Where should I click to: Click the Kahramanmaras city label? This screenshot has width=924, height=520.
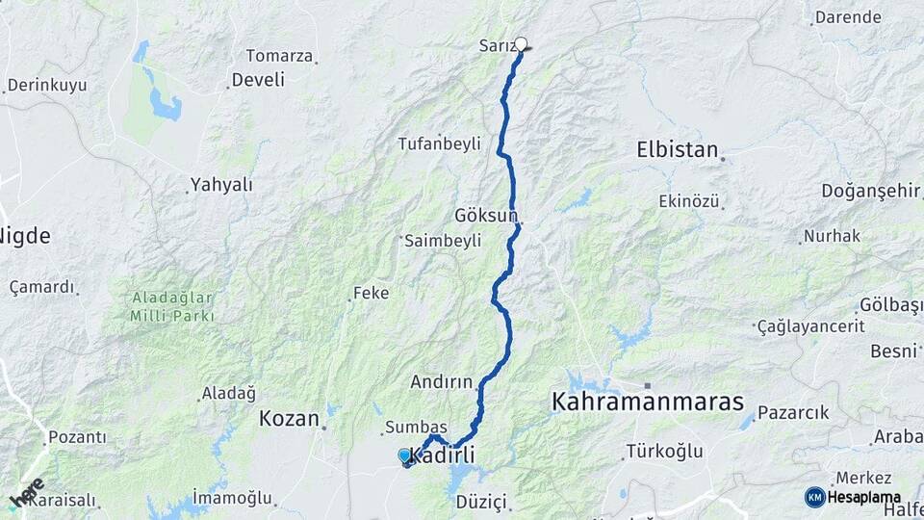click(x=648, y=402)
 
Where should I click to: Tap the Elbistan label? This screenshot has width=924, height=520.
click(x=678, y=149)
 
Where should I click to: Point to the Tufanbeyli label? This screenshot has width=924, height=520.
click(x=439, y=143)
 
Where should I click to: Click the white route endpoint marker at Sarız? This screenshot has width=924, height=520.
click(x=522, y=43)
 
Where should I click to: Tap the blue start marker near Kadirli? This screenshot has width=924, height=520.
click(x=404, y=455)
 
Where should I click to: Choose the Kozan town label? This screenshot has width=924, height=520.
click(x=289, y=418)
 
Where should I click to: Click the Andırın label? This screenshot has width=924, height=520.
click(x=442, y=381)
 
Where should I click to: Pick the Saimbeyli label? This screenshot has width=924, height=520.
click(x=443, y=241)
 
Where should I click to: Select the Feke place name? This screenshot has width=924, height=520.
click(x=372, y=292)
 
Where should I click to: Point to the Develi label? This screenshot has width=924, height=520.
click(x=259, y=79)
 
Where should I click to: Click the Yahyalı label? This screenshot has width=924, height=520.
click(x=220, y=184)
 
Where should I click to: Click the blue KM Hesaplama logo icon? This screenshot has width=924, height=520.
click(x=814, y=496)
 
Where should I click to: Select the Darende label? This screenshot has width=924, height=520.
click(x=847, y=17)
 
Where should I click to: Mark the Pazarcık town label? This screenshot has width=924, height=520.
click(x=793, y=412)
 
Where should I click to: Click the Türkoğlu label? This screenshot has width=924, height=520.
click(x=664, y=451)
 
